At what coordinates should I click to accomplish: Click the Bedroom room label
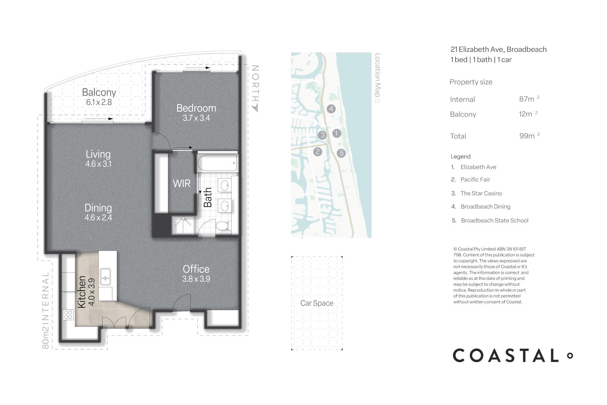pyautogui.click(x=196, y=108)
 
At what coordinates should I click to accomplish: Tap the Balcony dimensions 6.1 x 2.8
pyautogui.click(x=99, y=102)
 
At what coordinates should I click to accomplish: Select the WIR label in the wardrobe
pyautogui.click(x=182, y=184)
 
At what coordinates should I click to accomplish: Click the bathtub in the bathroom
pyautogui.click(x=217, y=163)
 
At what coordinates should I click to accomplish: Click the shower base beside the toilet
pyautogui.click(x=183, y=225)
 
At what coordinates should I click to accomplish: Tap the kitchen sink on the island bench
pyautogui.click(x=105, y=276)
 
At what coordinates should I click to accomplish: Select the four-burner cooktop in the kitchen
pyautogui.click(x=68, y=315)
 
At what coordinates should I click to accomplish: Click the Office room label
pyautogui.click(x=196, y=269)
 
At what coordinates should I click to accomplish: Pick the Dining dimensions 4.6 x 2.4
pyautogui.click(x=98, y=218)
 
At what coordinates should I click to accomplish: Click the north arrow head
pyautogui.click(x=255, y=108)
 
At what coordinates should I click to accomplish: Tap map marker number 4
pyautogui.click(x=331, y=109)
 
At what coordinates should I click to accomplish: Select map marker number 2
pyautogui.click(x=318, y=151)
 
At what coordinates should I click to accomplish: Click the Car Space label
pyautogui.click(x=317, y=303)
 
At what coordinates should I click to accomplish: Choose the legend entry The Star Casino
pyautogui.click(x=481, y=193)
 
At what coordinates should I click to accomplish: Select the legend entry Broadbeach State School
pyautogui.click(x=494, y=220)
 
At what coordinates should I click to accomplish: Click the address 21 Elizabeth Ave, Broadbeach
pyautogui.click(x=498, y=49)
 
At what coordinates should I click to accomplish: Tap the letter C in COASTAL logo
pyautogui.click(x=461, y=355)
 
